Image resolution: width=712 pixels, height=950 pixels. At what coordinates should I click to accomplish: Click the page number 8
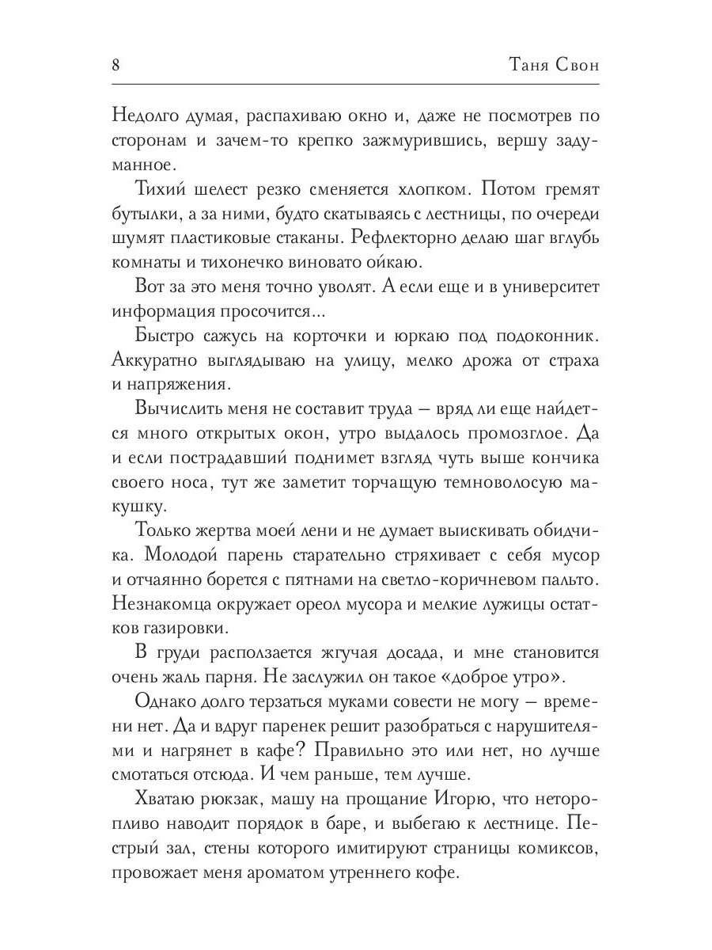(x=116, y=65)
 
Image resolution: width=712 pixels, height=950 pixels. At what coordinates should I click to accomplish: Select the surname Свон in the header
(x=575, y=65)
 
